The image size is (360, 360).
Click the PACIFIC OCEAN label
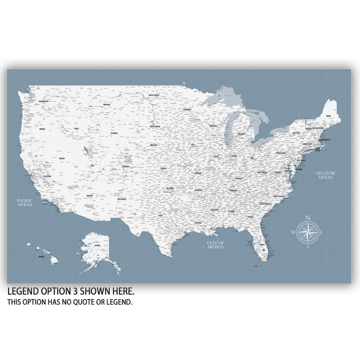point(25,203)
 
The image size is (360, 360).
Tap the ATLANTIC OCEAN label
point(326,175)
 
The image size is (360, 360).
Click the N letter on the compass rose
point(308,216)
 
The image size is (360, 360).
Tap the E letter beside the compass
point(322,233)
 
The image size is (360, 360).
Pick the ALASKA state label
point(97,246)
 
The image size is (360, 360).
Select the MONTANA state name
point(107,104)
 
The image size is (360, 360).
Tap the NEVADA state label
point(62,158)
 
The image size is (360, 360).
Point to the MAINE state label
point(328,116)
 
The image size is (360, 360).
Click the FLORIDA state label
point(262,245)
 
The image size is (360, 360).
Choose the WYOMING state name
point(114,133)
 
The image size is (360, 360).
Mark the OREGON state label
point(42,129)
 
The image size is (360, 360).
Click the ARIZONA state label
point(90,196)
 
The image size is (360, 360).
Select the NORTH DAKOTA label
point(154,96)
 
